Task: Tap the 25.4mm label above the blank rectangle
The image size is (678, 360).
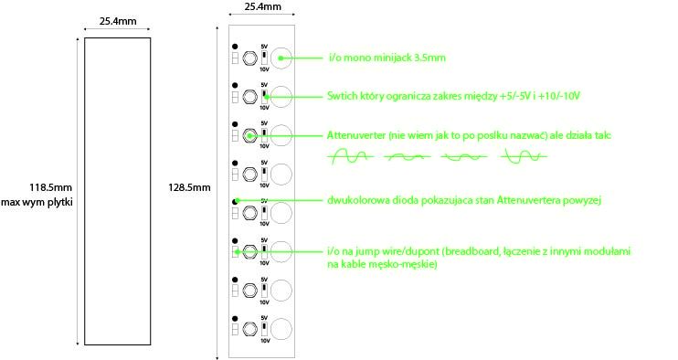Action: [116, 20]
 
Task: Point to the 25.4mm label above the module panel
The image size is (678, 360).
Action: [262, 7]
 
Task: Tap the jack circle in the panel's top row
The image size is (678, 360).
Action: [281, 57]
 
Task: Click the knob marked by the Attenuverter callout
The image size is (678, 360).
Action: [249, 136]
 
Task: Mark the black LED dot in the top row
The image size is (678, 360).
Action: [236, 47]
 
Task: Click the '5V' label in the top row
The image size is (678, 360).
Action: [264, 45]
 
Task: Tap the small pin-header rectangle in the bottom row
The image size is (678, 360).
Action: [236, 331]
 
